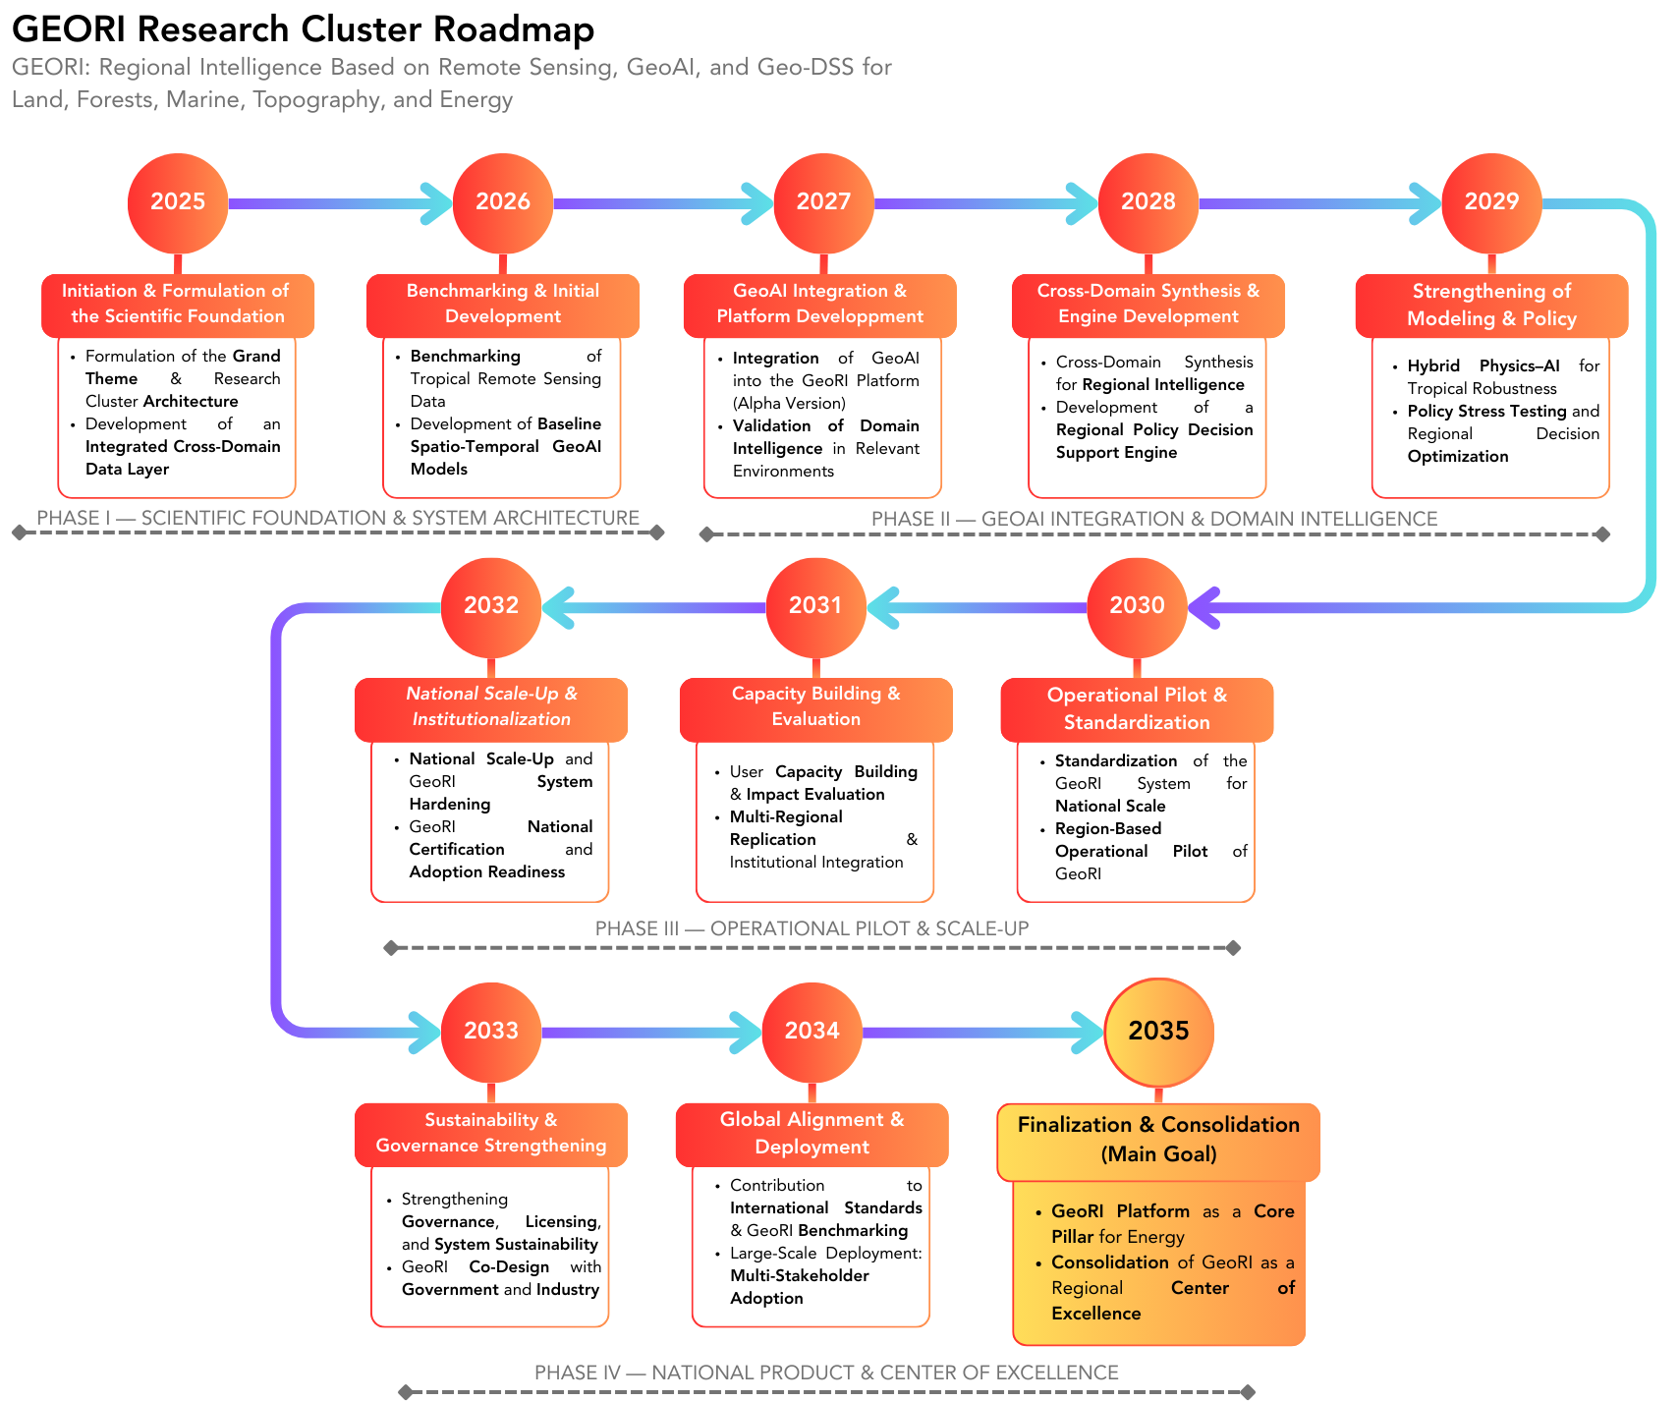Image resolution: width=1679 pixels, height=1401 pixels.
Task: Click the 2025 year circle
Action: (x=178, y=202)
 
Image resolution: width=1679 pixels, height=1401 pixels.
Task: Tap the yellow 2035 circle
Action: (x=1158, y=1032)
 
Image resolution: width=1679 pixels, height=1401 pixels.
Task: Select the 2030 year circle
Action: (x=1137, y=606)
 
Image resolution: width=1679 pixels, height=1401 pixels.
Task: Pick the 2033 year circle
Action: (x=490, y=1032)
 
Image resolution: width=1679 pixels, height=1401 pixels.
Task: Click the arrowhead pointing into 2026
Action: (x=435, y=203)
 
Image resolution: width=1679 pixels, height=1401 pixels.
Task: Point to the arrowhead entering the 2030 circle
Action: (x=1204, y=607)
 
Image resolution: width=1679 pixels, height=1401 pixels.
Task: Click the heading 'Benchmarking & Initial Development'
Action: (x=503, y=304)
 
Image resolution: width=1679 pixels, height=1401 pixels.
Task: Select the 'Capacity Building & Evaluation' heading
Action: (x=815, y=706)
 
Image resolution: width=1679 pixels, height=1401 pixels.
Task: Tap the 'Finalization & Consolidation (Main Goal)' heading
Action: (x=1158, y=1140)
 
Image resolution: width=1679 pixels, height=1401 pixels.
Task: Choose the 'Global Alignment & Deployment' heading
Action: (x=812, y=1134)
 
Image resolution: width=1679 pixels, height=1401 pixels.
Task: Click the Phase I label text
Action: (x=338, y=518)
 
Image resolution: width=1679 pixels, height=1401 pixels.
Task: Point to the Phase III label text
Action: (x=812, y=928)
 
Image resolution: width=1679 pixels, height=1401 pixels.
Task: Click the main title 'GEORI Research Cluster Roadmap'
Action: (x=303, y=29)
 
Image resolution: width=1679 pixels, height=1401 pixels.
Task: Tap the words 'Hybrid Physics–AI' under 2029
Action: (x=1483, y=366)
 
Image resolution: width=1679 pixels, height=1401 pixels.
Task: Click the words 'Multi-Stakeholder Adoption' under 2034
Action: (x=799, y=1287)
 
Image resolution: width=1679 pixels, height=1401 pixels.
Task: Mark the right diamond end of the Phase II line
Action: (x=1602, y=534)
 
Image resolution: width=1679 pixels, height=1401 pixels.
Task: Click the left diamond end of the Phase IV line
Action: (x=406, y=1391)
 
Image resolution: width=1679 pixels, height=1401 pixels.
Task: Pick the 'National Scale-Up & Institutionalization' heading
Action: (x=491, y=706)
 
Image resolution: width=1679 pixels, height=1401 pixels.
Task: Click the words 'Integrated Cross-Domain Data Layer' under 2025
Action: (x=182, y=458)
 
